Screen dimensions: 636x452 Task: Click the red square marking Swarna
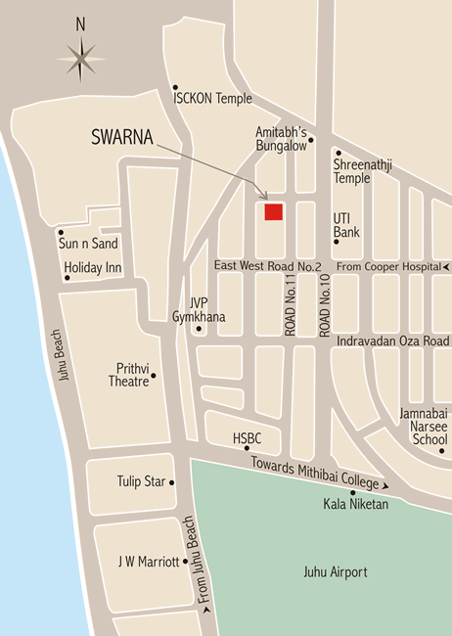click(274, 212)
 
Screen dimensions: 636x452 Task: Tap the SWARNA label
click(121, 137)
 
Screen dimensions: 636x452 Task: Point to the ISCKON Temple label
click(213, 98)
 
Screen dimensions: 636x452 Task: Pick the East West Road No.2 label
click(268, 266)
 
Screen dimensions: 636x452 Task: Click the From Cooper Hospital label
click(387, 267)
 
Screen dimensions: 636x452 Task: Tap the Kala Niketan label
click(356, 505)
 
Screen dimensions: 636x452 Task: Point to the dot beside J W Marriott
click(186, 562)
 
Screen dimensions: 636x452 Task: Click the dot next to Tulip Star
click(172, 482)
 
